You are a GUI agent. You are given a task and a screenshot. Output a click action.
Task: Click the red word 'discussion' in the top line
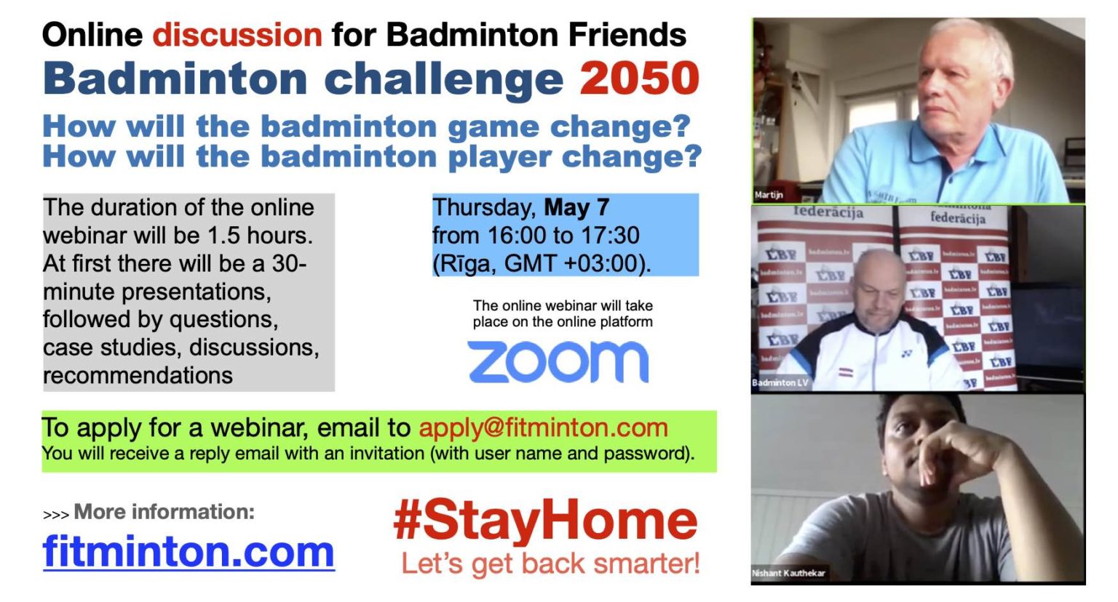[237, 34]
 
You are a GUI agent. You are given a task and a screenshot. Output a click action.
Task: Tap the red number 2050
[639, 79]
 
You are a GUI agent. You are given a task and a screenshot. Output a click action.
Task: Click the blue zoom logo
[558, 362]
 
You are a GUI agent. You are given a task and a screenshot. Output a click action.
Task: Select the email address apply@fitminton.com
[543, 428]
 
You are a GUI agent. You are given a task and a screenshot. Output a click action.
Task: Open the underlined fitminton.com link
[189, 552]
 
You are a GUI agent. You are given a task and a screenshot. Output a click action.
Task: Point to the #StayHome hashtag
[545, 521]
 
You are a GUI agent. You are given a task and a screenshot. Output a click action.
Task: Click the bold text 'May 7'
[576, 207]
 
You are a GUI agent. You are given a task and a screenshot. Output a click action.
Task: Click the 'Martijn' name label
[769, 195]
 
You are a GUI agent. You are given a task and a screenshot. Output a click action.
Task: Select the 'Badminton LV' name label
[780, 382]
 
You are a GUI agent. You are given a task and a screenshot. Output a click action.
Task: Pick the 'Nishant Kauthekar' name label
[788, 573]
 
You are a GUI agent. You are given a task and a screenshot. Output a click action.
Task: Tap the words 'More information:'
[164, 512]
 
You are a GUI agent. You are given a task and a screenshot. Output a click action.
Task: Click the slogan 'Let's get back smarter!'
[550, 563]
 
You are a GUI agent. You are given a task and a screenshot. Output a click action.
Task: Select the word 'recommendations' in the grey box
[138, 376]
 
